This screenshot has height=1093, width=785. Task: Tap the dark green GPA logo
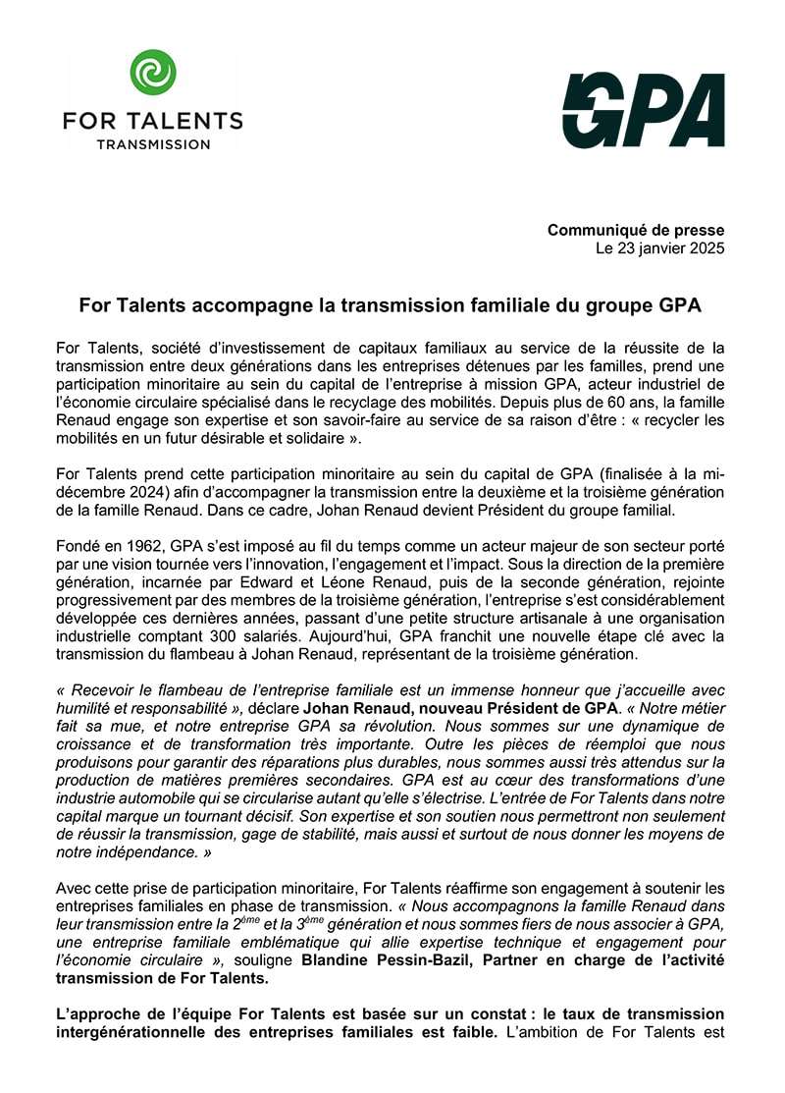click(643, 110)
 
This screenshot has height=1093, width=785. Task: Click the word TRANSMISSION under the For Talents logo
click(152, 144)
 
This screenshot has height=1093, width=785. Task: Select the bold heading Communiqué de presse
click(636, 230)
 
